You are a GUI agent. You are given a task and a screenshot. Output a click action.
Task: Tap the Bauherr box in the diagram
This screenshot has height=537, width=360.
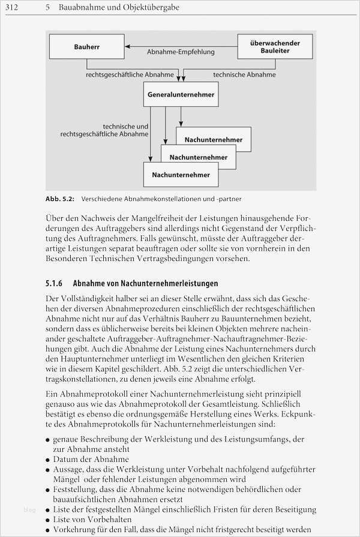(x=86, y=46)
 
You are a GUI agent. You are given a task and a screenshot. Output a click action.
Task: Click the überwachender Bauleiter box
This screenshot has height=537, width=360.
(x=275, y=46)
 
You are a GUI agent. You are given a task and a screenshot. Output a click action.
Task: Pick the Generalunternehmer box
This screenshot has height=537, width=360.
(x=181, y=94)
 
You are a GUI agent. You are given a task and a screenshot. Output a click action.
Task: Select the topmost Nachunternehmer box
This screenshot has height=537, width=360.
(x=214, y=139)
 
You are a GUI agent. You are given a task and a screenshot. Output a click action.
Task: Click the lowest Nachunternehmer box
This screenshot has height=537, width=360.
(x=181, y=175)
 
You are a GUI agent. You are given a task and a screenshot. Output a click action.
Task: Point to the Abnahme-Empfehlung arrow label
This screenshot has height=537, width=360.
(x=181, y=52)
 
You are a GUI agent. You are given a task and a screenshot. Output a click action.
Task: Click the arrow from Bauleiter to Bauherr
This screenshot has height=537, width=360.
(x=181, y=46)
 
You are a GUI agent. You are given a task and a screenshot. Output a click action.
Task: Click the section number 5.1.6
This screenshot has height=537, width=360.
(x=55, y=283)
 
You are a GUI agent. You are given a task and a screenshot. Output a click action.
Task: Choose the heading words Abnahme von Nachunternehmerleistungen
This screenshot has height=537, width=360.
(x=145, y=283)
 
